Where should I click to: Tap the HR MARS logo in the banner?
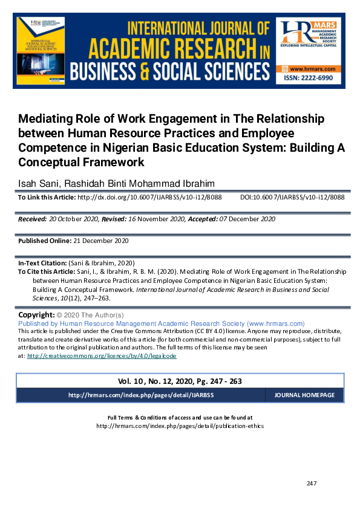[x=309, y=42]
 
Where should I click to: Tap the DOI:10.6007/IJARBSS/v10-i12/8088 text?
[x=292, y=197]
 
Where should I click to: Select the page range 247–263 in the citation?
[x=100, y=298]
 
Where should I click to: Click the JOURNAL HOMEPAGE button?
[x=304, y=395]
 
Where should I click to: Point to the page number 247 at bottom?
[x=312, y=483]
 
